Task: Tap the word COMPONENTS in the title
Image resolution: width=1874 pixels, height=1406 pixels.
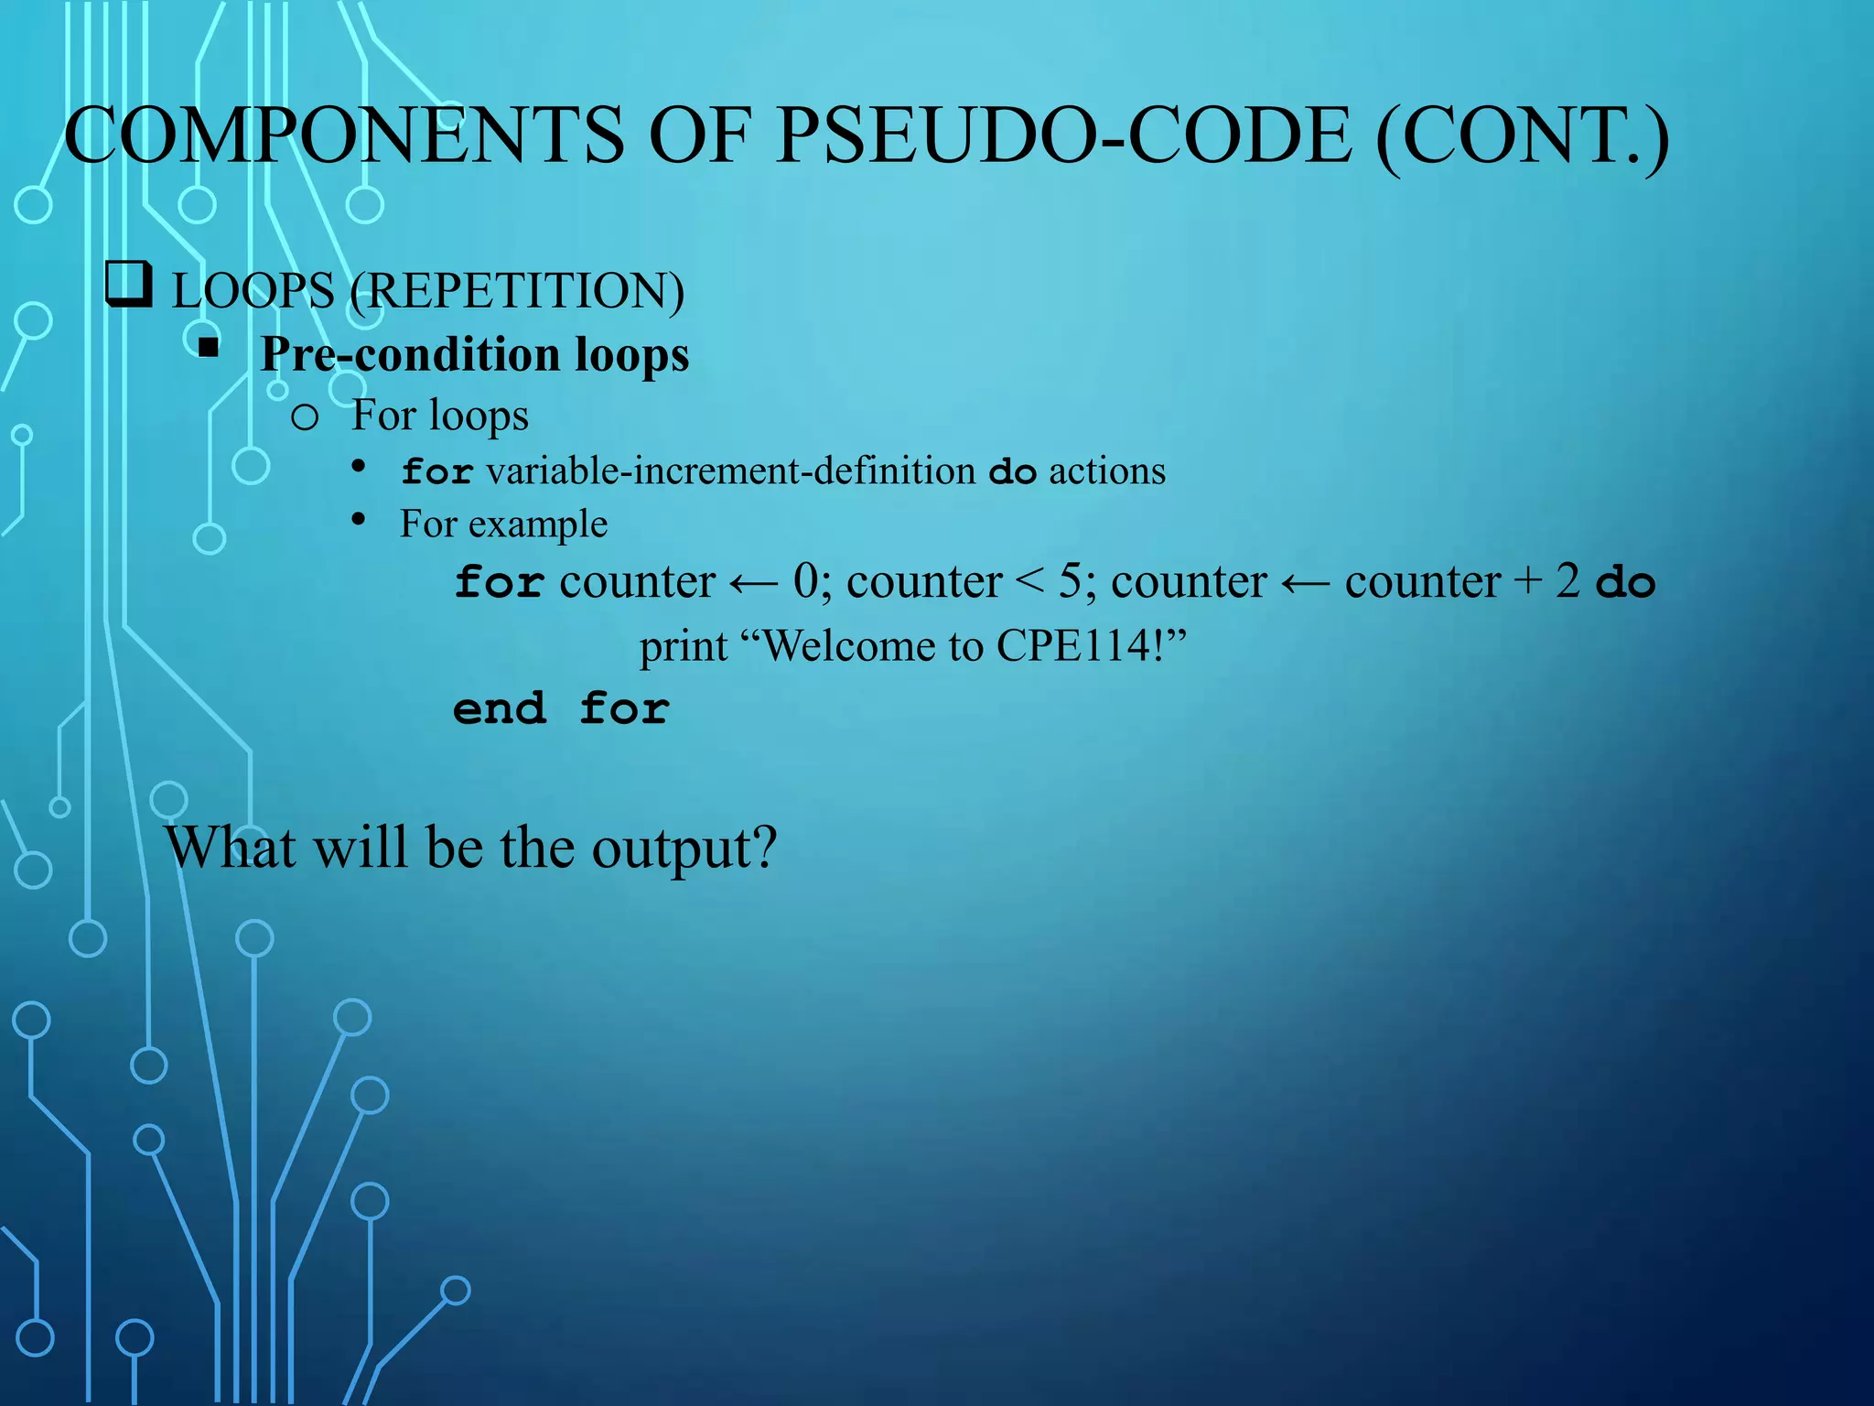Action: (x=344, y=135)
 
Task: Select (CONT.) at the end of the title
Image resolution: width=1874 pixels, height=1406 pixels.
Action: (x=1523, y=137)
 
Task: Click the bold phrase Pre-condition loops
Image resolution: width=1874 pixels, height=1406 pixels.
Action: (x=475, y=355)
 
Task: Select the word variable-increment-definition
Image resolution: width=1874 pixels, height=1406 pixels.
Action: (x=730, y=471)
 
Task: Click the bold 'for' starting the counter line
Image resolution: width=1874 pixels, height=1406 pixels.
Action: (x=500, y=583)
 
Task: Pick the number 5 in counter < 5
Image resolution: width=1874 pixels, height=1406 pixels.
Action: (x=1070, y=581)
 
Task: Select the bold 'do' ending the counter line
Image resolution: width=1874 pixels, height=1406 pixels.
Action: (x=1625, y=583)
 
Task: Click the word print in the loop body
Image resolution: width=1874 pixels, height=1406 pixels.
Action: (x=683, y=647)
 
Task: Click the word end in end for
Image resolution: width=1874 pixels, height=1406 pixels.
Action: (x=500, y=709)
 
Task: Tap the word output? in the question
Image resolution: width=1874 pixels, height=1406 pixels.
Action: (x=684, y=849)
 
